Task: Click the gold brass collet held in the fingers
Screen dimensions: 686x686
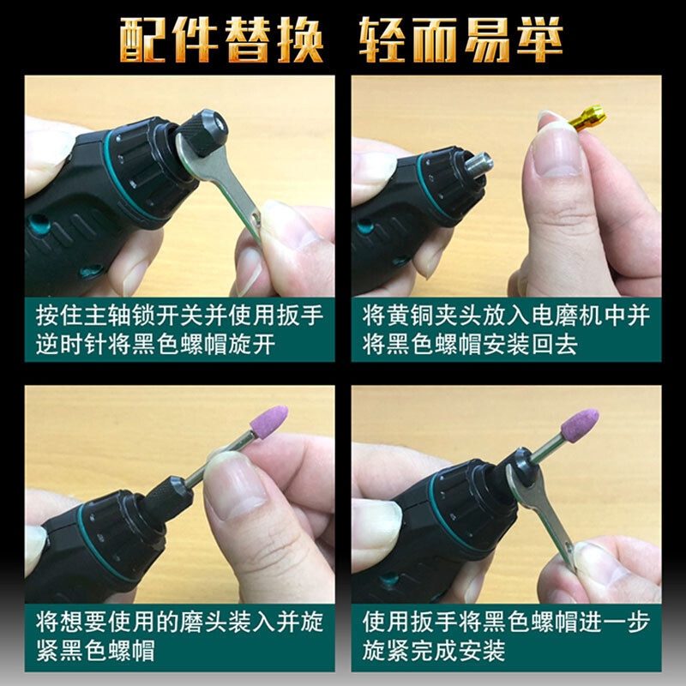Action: pyautogui.click(x=587, y=117)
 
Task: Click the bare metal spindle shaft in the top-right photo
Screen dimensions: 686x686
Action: pyautogui.click(x=478, y=164)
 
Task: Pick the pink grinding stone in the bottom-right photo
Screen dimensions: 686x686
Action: pyautogui.click(x=580, y=425)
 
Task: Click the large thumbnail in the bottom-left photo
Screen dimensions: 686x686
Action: pyautogui.click(x=235, y=485)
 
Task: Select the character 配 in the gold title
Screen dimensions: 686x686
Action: pyautogui.click(x=142, y=39)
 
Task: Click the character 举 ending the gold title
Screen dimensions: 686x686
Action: pyautogui.click(x=539, y=39)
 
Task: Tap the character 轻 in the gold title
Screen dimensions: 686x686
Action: pyautogui.click(x=382, y=39)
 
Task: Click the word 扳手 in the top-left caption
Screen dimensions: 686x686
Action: pyautogui.click(x=299, y=315)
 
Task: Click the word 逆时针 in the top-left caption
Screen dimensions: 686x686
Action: pyautogui.click(x=72, y=345)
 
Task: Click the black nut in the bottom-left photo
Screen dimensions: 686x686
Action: pyautogui.click(x=168, y=499)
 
